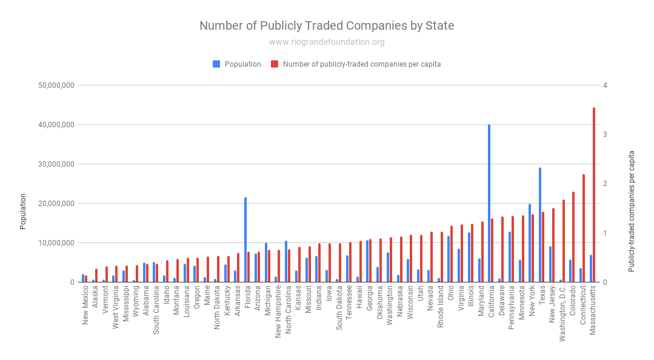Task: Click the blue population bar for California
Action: tap(489, 203)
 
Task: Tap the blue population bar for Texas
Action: tap(540, 225)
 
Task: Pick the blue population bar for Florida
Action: tap(245, 239)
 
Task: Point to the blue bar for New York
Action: tap(530, 243)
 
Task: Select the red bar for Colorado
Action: tap(573, 237)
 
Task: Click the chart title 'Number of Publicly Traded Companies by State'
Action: tap(327, 25)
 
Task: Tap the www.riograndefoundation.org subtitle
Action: tap(327, 42)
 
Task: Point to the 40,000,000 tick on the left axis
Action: tap(56, 125)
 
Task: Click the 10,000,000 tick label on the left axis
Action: tap(56, 243)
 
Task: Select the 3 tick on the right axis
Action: tap(606, 135)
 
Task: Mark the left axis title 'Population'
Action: tap(23, 212)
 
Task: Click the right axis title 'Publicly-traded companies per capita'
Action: tap(632, 212)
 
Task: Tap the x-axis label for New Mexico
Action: tap(85, 306)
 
